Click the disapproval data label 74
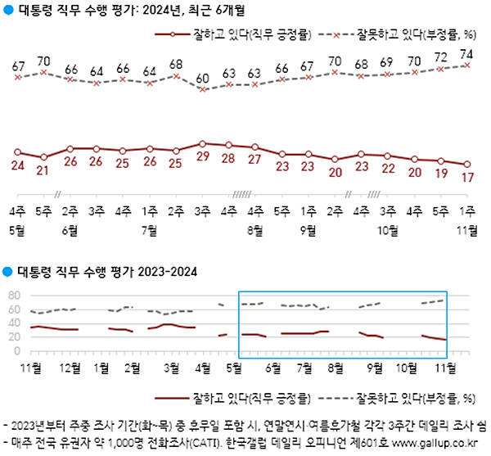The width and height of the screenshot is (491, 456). (x=467, y=55)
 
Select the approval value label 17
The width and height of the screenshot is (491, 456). (x=467, y=177)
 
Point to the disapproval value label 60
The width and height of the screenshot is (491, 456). (x=202, y=79)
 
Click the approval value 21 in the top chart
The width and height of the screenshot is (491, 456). (x=43, y=170)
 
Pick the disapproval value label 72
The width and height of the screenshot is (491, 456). (x=441, y=59)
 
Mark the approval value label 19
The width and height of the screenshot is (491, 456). (x=441, y=174)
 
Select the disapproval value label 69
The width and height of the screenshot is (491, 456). (x=388, y=62)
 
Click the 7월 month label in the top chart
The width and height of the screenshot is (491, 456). (x=149, y=230)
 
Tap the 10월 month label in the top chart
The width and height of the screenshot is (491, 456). (x=388, y=230)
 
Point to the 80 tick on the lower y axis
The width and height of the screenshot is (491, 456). (x=13, y=296)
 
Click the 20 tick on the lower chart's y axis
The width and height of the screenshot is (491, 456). (x=13, y=337)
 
